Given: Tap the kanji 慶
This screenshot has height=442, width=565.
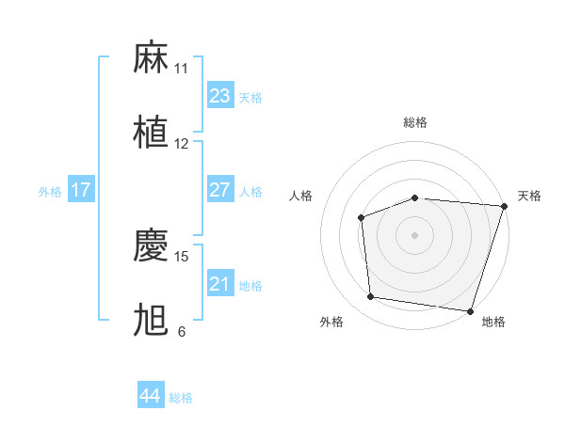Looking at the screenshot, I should click(151, 245).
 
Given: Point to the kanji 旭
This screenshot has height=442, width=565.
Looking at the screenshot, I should click(151, 321).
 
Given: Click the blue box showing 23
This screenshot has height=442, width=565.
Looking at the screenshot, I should click(219, 95).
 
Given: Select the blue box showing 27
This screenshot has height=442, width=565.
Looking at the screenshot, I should click(219, 189).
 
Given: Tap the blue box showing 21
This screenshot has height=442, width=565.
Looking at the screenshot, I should click(219, 283).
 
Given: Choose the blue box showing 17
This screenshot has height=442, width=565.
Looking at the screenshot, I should click(80, 189).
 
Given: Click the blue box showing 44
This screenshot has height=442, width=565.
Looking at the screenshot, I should click(150, 395).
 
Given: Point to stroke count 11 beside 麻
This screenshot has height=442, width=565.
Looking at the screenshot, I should click(181, 69).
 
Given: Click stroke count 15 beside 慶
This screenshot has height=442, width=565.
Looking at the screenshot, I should click(182, 256).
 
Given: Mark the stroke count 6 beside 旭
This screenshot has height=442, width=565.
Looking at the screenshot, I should click(181, 332).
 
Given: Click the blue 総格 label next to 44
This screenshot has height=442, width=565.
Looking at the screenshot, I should click(181, 398).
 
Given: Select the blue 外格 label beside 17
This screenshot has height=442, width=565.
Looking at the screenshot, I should click(50, 192).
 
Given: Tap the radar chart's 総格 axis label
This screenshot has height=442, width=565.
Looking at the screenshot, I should click(414, 122).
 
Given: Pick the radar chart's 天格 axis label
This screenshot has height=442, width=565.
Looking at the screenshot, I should click(529, 196).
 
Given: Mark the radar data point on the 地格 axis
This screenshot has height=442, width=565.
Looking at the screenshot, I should click(470, 310).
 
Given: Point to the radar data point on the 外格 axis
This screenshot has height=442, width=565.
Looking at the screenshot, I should click(371, 297).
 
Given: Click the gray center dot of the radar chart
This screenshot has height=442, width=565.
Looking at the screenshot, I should click(414, 235).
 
